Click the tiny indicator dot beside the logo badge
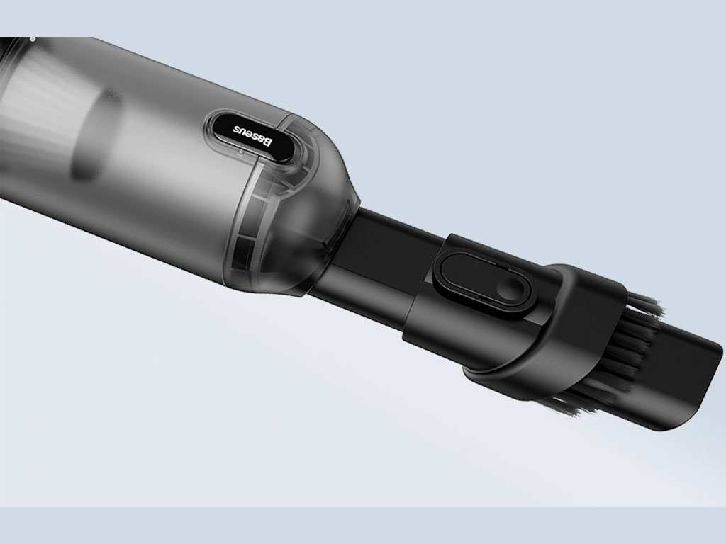(x=240, y=152)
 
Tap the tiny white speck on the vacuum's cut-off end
(x=32, y=37)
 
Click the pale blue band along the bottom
(x=363, y=526)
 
